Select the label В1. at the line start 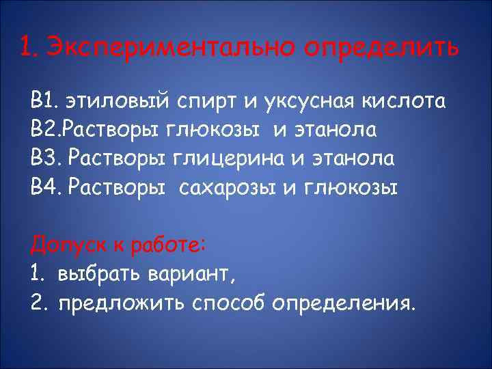tap(45, 102)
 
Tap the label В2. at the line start tap(45, 131)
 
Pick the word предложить tap(113, 303)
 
